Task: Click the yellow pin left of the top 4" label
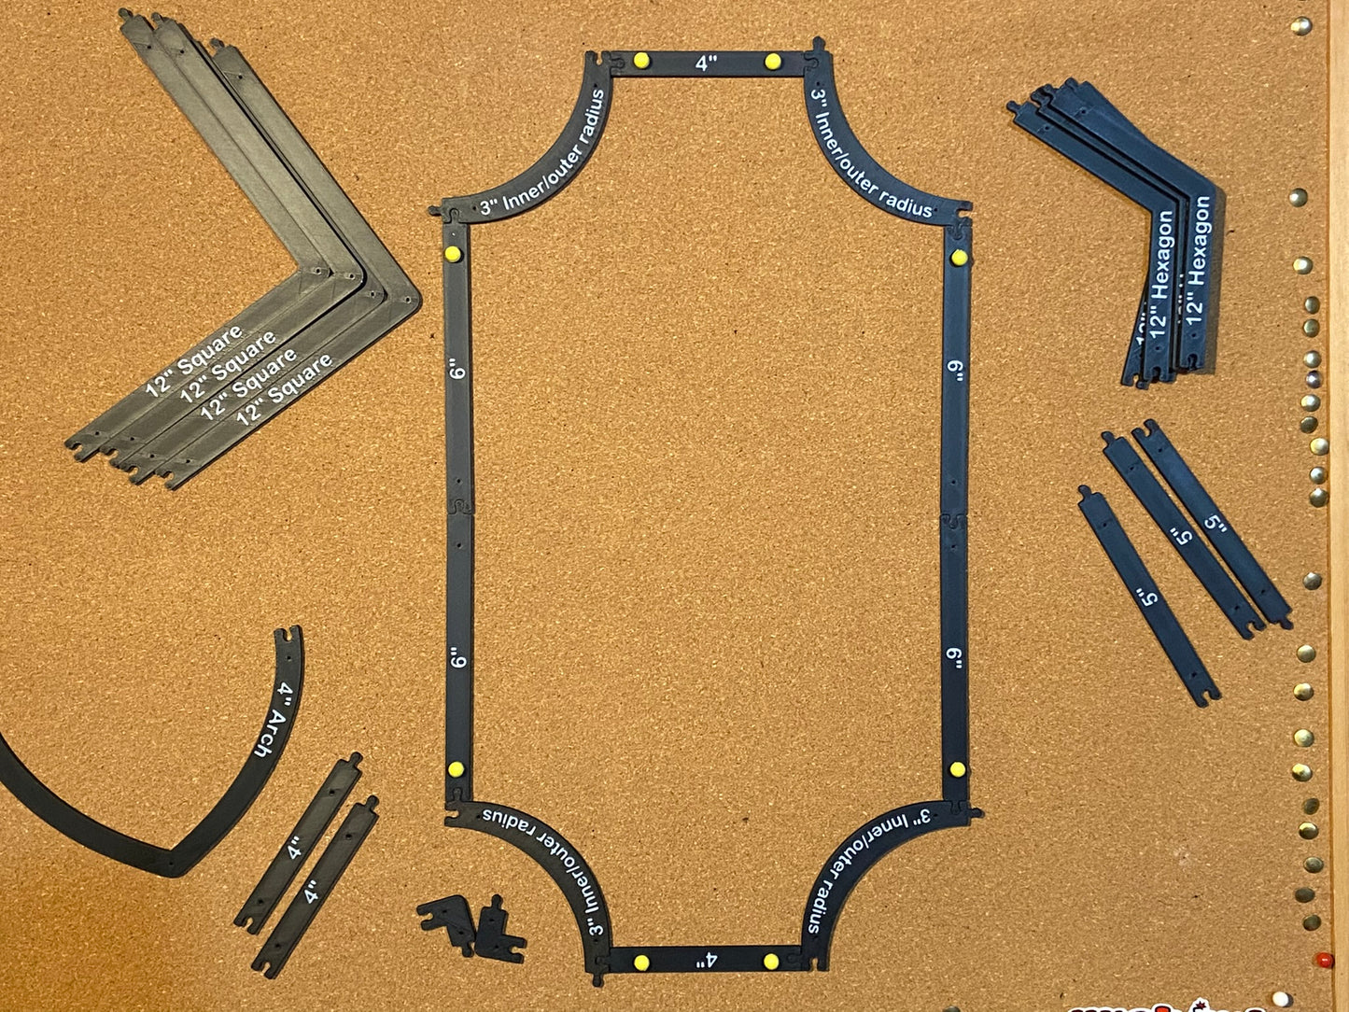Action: (x=640, y=61)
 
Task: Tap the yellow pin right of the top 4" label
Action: (x=772, y=62)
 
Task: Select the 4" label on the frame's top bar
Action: (x=707, y=63)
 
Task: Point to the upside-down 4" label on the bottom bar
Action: (x=706, y=960)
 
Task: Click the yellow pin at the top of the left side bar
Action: (x=453, y=254)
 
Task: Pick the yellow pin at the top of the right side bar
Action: (x=958, y=258)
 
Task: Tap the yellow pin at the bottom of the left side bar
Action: (x=456, y=770)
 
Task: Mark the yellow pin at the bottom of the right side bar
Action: (x=956, y=770)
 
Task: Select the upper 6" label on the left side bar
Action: (x=457, y=371)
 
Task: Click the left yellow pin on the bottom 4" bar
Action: (x=640, y=963)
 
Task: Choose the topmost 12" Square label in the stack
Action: (x=194, y=359)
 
